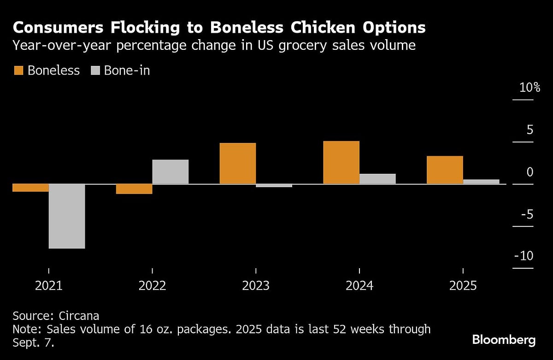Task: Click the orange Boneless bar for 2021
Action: (30, 188)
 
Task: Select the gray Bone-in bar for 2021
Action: (67, 216)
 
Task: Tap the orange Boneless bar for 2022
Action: (134, 189)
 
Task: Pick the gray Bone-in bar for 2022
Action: (171, 172)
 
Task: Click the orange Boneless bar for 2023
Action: (238, 164)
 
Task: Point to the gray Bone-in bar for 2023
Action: (274, 186)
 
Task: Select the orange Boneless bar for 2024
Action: (341, 163)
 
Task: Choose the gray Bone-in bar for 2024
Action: (378, 179)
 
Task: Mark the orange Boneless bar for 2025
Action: (445, 170)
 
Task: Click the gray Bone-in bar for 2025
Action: (481, 182)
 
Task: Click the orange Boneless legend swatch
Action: (18, 71)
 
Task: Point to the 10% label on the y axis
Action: (529, 88)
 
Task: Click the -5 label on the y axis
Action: (527, 214)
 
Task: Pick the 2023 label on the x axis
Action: (256, 286)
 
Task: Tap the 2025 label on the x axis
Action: (463, 286)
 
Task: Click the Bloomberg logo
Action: (504, 340)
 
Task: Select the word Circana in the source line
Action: (79, 316)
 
